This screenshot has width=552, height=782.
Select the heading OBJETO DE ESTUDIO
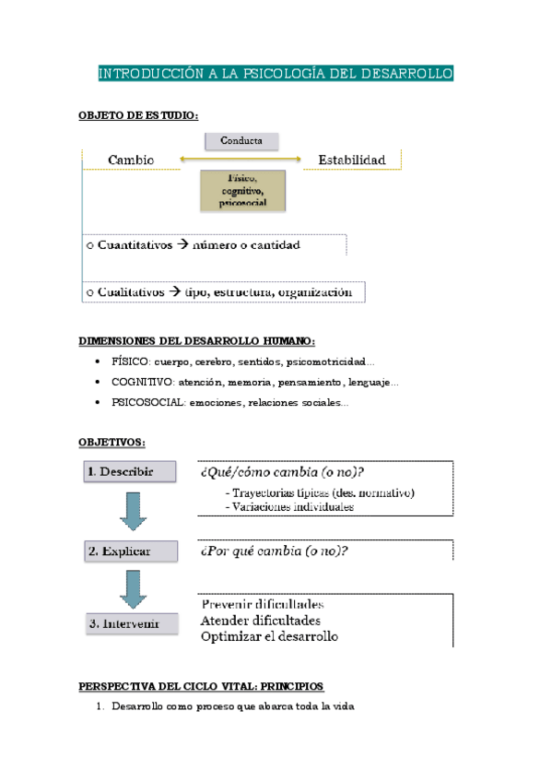pyautogui.click(x=138, y=115)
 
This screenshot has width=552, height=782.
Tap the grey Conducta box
pyautogui.click(x=241, y=141)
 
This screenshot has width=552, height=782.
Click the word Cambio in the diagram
pyautogui.click(x=131, y=160)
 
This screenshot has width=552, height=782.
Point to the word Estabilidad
pyautogui.click(x=352, y=160)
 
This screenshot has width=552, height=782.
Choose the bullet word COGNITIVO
pyautogui.click(x=140, y=382)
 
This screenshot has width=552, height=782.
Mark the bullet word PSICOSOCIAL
pyautogui.click(x=147, y=403)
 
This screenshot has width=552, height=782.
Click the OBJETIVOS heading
pyautogui.click(x=112, y=443)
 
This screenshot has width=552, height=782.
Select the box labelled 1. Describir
pyautogui.click(x=131, y=471)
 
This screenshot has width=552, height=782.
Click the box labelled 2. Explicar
pyautogui.click(x=131, y=552)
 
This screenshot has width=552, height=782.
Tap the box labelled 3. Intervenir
pyautogui.click(x=131, y=624)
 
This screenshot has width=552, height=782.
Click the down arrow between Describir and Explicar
pyautogui.click(x=131, y=512)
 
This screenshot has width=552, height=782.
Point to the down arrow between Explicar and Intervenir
pyautogui.click(x=131, y=588)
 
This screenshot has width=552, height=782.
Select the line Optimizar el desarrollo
pyautogui.click(x=269, y=636)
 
